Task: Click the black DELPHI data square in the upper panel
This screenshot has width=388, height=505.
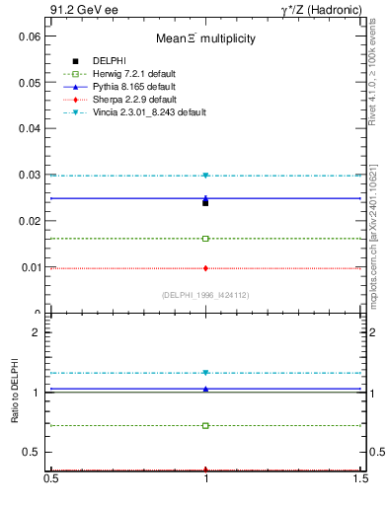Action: pos(205,202)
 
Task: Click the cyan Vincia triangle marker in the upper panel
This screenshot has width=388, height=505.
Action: pos(205,176)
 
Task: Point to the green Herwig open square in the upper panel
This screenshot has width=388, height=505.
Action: pos(205,239)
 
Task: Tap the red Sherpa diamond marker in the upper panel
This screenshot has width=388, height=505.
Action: pos(205,268)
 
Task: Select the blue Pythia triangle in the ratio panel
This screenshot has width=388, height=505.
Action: pos(205,389)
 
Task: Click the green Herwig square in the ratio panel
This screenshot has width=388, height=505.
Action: pos(205,425)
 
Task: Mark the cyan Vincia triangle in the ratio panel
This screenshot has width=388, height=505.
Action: pos(205,373)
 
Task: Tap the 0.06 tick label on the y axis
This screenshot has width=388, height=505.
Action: pos(30,36)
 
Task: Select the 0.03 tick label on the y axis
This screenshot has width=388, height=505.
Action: pos(30,175)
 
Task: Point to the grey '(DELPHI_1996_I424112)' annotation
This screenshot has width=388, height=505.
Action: pos(204,295)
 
